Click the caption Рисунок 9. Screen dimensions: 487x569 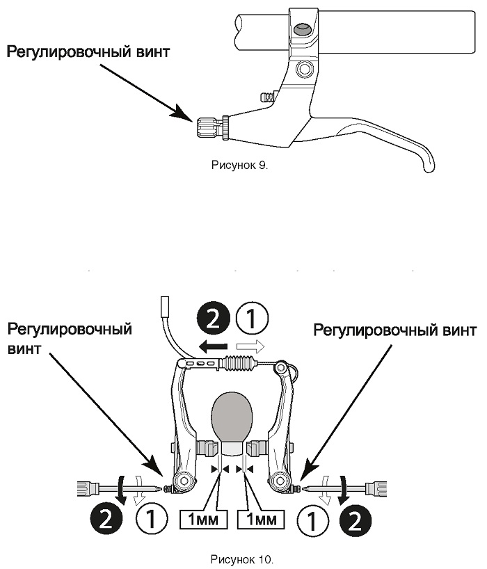click(x=239, y=166)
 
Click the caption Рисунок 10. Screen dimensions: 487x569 click(x=242, y=559)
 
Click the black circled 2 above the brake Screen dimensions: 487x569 click(x=214, y=319)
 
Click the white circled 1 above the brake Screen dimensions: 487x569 click(x=252, y=319)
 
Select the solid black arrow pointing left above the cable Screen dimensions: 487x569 click(x=213, y=347)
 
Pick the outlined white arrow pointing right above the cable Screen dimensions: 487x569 click(x=250, y=346)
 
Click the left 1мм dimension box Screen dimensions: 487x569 click(x=204, y=520)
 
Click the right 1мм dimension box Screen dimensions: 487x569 click(x=261, y=520)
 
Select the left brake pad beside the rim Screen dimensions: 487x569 click(x=208, y=448)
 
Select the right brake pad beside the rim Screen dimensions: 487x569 click(x=257, y=448)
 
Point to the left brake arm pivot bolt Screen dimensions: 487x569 click(x=185, y=481)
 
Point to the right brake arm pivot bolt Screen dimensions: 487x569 click(x=280, y=481)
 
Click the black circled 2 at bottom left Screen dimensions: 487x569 click(x=106, y=520)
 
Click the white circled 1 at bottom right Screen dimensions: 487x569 click(x=312, y=520)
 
